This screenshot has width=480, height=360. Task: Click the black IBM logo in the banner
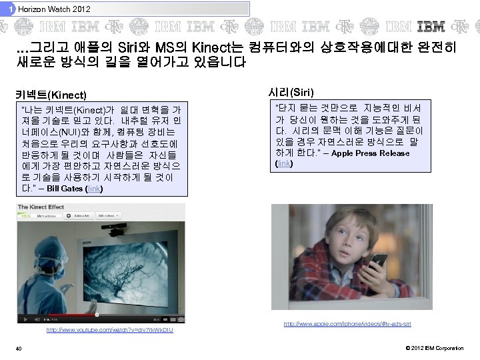[x=431, y=27]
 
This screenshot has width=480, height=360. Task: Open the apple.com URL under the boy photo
[x=347, y=324]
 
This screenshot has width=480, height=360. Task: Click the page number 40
[x=21, y=349]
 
